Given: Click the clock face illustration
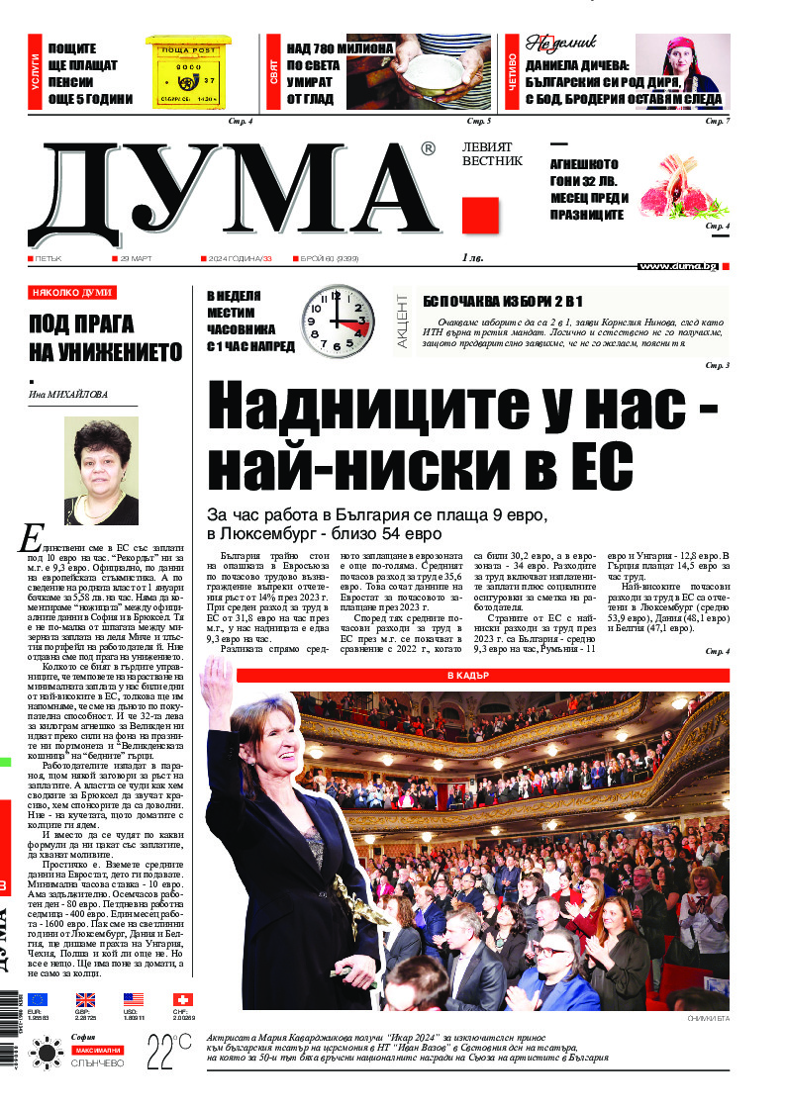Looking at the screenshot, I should coord(339,322).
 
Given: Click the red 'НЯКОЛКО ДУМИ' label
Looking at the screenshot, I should coord(72,293).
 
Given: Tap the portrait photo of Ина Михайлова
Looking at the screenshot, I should coord(101,471).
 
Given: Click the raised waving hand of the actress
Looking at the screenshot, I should coord(215,684).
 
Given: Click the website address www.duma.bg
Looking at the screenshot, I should coord(678,266).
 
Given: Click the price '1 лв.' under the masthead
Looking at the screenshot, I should coord(472,258).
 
